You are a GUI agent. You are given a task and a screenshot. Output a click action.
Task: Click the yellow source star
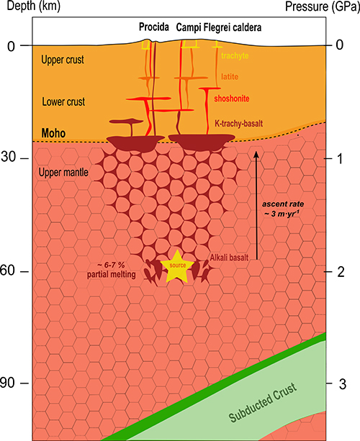tap(177, 266)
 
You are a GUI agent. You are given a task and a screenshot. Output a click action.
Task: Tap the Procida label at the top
tap(154, 27)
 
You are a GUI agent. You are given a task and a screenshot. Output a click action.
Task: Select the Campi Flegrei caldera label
tap(219, 27)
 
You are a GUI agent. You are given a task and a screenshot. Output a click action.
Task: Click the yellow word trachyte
tap(235, 55)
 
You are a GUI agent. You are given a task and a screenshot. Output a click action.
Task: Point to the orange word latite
tap(230, 76)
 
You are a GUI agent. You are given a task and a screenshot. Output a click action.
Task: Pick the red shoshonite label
tap(232, 99)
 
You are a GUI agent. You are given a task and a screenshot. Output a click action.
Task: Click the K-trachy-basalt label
tap(239, 123)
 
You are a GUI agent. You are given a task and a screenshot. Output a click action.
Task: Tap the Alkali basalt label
tap(229, 258)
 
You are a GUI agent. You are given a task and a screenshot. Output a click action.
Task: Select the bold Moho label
tap(53, 133)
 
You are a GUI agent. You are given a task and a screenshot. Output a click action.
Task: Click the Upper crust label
tap(63, 60)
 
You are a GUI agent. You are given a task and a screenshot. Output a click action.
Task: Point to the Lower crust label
tap(63, 101)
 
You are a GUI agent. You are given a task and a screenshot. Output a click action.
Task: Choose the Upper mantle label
tap(63, 172)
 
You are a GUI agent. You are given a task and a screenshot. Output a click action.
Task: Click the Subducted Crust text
tap(263, 402)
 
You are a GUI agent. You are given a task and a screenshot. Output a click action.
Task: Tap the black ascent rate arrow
tap(256, 205)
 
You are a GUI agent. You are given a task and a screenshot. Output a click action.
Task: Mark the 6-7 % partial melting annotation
tap(111, 270)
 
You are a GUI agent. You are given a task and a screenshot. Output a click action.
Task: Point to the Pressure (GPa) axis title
tap(323, 6)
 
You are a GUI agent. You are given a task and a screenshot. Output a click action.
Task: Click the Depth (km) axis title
tap(34, 6)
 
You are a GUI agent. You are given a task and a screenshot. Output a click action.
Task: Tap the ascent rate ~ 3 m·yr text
tap(283, 209)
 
